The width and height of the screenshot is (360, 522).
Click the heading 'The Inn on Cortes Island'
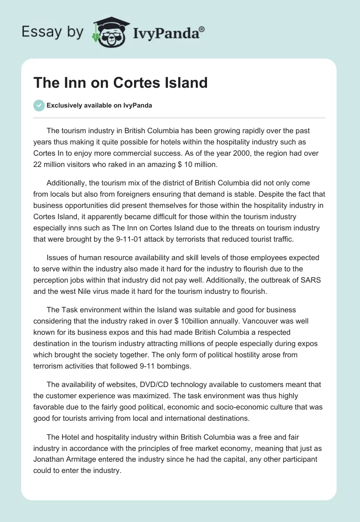pos(121,82)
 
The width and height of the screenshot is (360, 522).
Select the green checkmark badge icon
pos(39,105)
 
